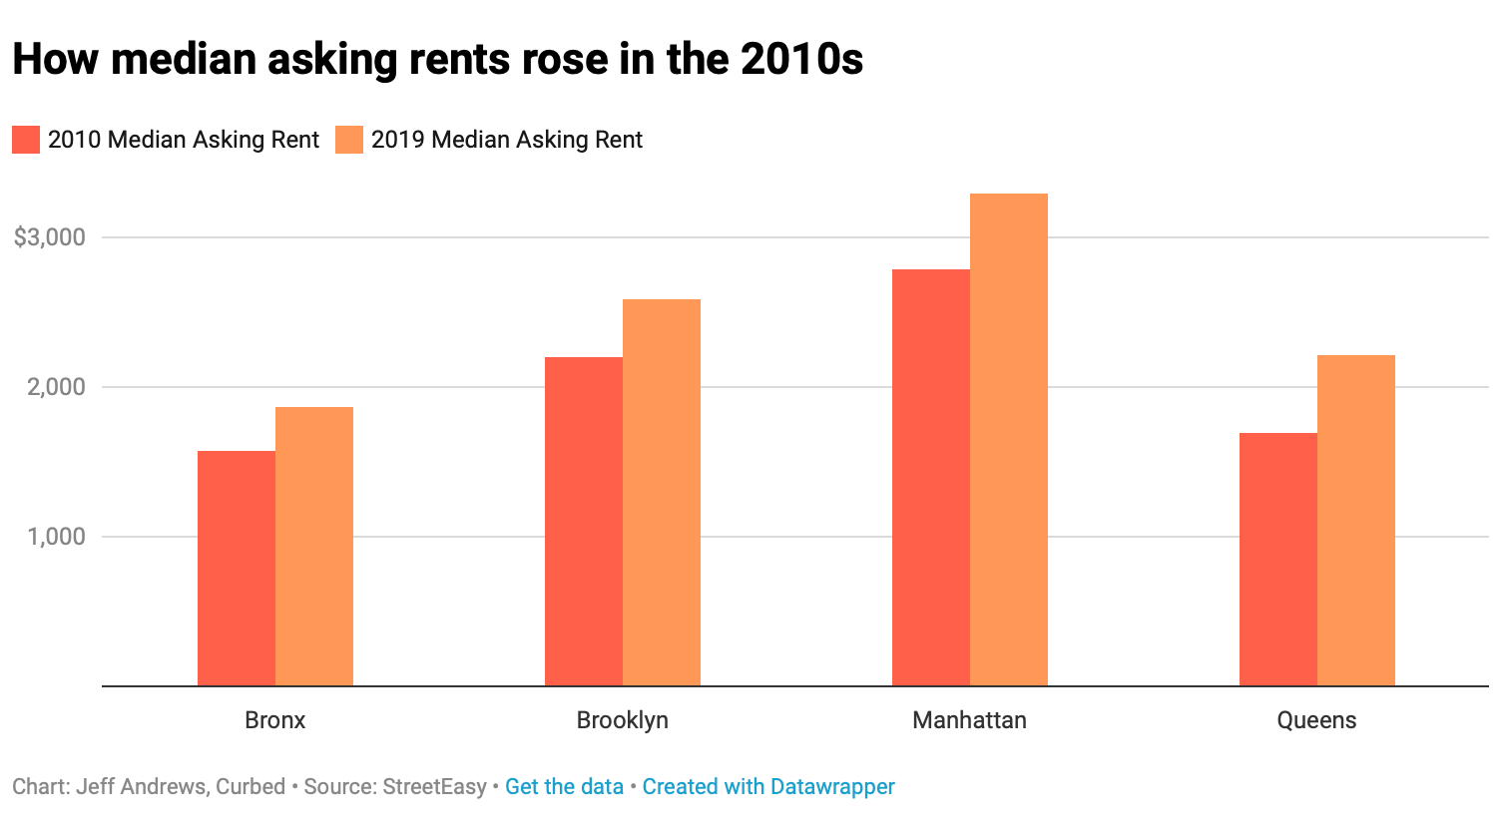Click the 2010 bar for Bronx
click(236, 569)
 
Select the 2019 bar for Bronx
click(314, 547)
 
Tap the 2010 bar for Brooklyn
click(583, 522)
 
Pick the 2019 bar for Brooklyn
click(662, 493)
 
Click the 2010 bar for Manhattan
click(930, 478)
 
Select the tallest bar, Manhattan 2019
click(1009, 440)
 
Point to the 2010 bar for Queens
click(1277, 560)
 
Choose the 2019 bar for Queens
click(1356, 521)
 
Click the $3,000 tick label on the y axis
click(50, 237)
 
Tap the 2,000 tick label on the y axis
click(57, 387)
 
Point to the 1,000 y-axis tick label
click(57, 537)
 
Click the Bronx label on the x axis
click(274, 720)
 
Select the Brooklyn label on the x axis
click(622, 720)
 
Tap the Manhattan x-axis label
click(969, 720)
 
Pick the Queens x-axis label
click(1316, 720)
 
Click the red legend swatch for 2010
click(26, 140)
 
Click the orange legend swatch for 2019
click(349, 140)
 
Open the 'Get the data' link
click(564, 787)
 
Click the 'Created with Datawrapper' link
click(768, 787)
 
